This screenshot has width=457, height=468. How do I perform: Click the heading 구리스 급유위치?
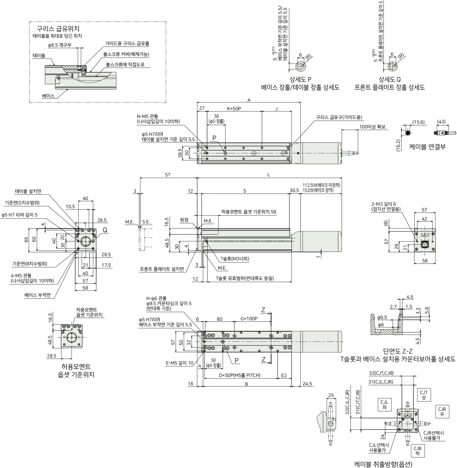(x=58, y=29)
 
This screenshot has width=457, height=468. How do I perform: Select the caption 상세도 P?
(x=300, y=79)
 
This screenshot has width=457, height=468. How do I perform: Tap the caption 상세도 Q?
(x=390, y=79)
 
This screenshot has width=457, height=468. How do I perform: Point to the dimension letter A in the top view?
(x=249, y=100)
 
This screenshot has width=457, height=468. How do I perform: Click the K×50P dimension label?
(x=234, y=108)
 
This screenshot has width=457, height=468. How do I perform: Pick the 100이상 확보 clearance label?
(x=372, y=127)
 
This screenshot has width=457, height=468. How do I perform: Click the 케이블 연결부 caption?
(x=427, y=147)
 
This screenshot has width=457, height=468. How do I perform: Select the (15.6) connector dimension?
(x=418, y=122)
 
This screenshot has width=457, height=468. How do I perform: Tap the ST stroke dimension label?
(x=168, y=175)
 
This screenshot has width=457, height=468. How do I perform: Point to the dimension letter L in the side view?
(x=268, y=175)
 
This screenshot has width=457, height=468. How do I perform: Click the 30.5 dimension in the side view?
(x=294, y=190)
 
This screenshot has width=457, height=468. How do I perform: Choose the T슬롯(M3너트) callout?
(x=235, y=259)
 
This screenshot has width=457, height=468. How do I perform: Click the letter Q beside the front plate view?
(x=105, y=230)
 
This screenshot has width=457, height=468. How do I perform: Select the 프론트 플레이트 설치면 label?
(x=162, y=269)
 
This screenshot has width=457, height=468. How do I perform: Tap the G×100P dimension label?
(x=249, y=319)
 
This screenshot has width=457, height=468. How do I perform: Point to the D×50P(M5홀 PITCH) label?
(x=240, y=375)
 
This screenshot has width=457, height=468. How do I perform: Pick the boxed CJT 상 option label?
(x=423, y=395)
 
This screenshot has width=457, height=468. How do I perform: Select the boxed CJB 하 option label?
(x=417, y=451)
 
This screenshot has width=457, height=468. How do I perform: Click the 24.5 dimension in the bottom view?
(x=307, y=383)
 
